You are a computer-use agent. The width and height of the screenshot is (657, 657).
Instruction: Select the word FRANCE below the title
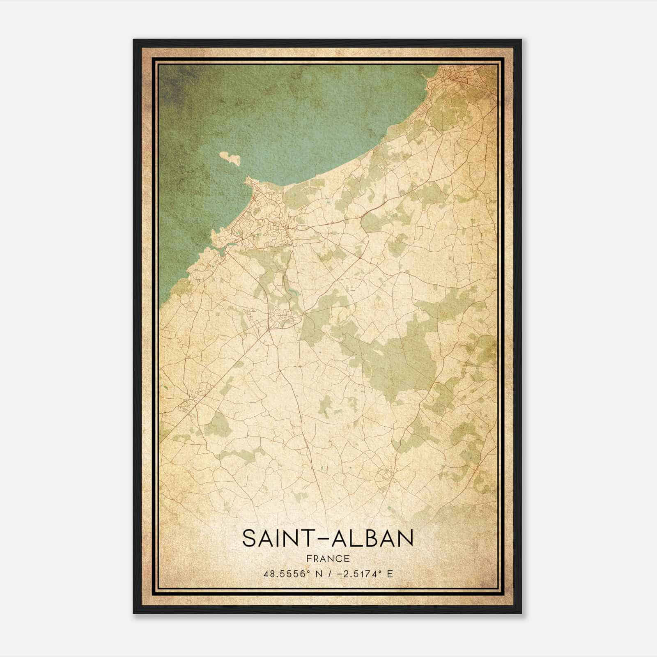[x=328, y=558]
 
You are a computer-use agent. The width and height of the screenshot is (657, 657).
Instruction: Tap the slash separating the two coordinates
[x=329, y=574]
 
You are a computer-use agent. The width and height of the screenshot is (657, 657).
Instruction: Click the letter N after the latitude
[x=318, y=574]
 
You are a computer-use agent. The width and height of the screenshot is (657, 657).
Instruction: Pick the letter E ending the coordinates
[x=390, y=574]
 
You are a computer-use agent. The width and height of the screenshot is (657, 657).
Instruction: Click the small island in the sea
[x=230, y=159]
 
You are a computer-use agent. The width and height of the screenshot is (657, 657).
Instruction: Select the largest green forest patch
[x=394, y=361]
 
